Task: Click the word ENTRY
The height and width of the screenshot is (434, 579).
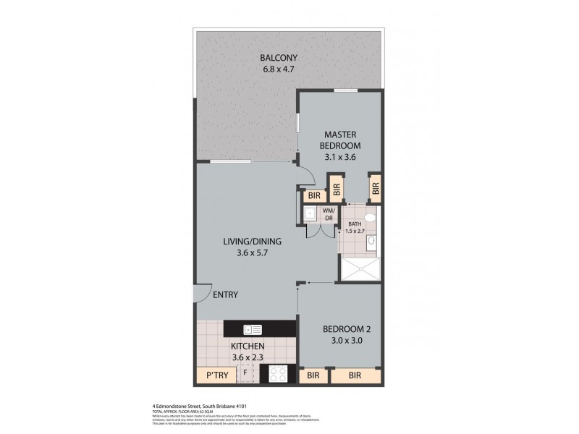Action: (x=225, y=294)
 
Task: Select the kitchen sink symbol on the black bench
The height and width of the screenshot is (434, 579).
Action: (x=253, y=329)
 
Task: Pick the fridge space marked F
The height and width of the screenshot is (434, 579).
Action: (x=245, y=373)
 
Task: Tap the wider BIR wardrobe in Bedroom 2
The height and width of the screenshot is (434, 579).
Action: (x=355, y=376)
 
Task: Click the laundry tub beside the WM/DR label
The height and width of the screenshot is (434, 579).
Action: (x=309, y=213)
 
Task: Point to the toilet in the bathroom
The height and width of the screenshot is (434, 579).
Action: (x=370, y=217)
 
